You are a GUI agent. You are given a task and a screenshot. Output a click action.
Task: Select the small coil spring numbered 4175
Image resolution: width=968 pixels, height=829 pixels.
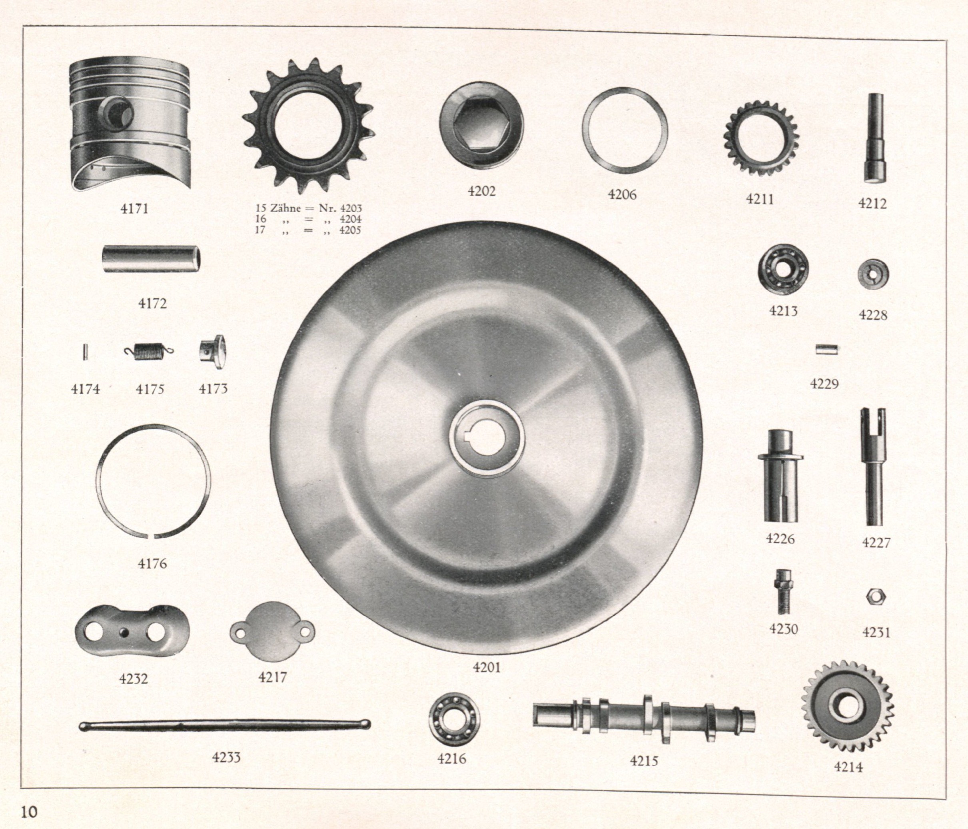pyautogui.click(x=149, y=352)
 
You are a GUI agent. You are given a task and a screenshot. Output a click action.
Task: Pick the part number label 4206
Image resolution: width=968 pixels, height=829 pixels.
pyautogui.click(x=622, y=194)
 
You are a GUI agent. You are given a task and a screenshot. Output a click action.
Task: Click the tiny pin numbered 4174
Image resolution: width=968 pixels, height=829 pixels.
pyautogui.click(x=85, y=352)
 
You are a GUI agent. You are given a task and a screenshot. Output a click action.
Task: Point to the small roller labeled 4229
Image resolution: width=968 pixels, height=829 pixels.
pyautogui.click(x=826, y=349)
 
